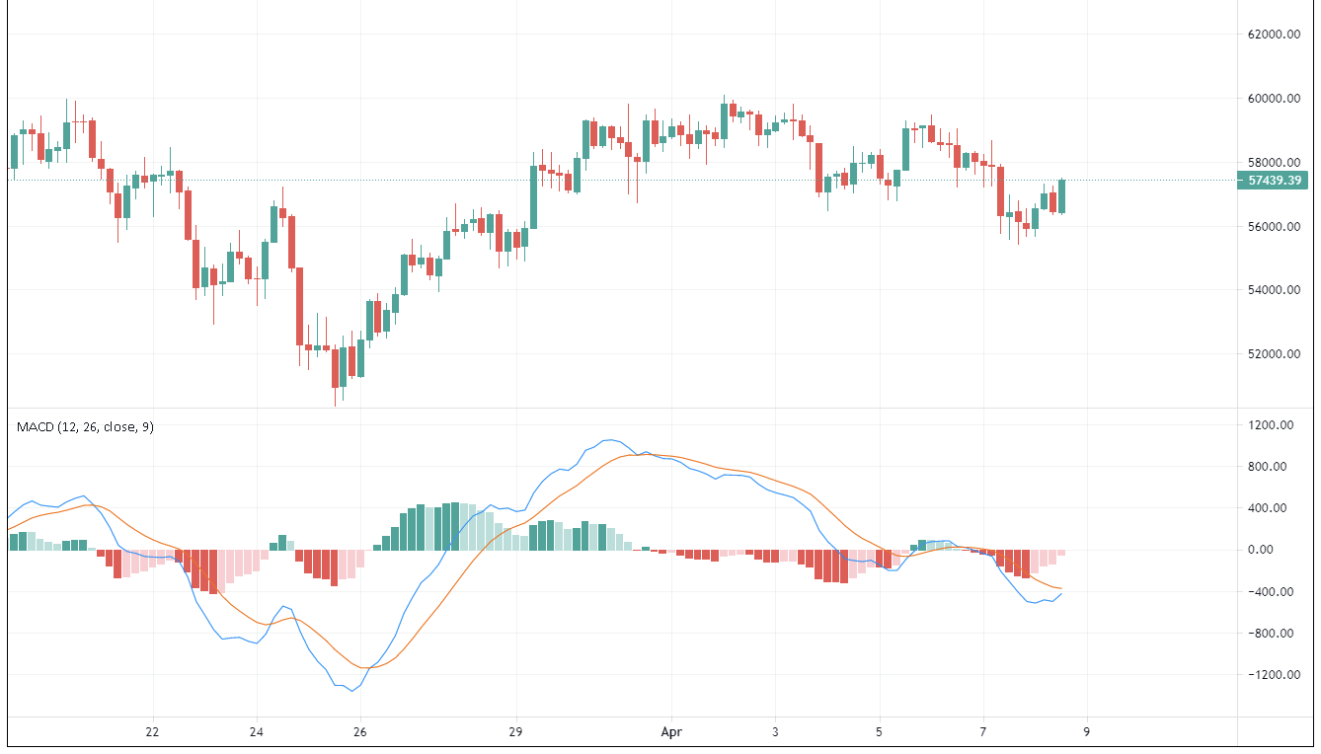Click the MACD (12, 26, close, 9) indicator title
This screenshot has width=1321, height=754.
point(85,426)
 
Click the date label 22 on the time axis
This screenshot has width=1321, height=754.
point(152,732)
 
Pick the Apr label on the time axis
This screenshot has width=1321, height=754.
point(671,732)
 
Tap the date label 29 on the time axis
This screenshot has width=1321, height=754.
point(515,732)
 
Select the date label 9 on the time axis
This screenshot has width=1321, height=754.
point(1087,732)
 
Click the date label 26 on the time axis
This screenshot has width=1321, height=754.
point(359,732)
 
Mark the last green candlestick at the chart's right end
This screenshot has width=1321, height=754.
point(1061,195)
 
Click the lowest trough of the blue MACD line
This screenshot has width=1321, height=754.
point(352,691)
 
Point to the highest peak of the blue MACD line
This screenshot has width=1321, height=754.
point(612,439)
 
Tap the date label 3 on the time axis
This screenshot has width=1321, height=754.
point(776,732)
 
